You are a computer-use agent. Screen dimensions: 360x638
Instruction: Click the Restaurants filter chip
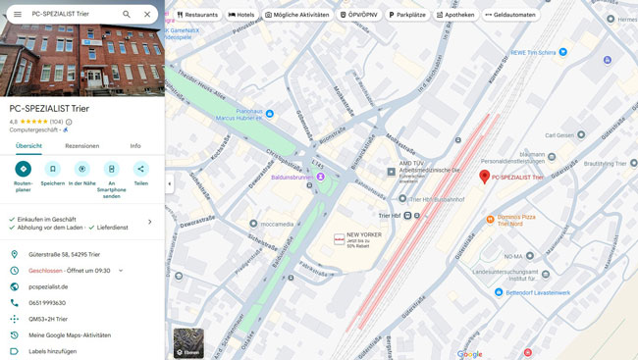click(197, 15)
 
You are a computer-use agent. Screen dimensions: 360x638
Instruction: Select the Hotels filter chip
click(241, 15)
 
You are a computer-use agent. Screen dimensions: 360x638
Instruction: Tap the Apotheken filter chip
click(455, 15)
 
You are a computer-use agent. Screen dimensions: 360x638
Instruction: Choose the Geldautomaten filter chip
click(510, 15)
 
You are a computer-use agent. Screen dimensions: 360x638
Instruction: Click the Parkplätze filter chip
click(406, 15)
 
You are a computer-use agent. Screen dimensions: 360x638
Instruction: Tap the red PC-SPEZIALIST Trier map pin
click(484, 176)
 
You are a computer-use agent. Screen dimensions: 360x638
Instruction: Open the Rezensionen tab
click(82, 145)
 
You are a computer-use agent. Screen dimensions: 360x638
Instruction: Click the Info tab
click(135, 145)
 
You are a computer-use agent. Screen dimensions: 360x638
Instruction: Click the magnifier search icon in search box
click(126, 15)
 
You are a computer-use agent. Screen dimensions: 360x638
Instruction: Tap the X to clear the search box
click(147, 15)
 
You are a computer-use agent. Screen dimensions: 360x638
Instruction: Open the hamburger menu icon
click(17, 15)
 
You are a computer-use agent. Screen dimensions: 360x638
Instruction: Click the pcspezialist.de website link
click(48, 286)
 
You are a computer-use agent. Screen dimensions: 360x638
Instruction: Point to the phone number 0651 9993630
click(48, 302)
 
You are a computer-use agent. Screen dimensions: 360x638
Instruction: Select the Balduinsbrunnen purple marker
click(320, 178)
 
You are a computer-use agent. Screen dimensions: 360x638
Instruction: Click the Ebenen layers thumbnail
click(188, 342)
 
